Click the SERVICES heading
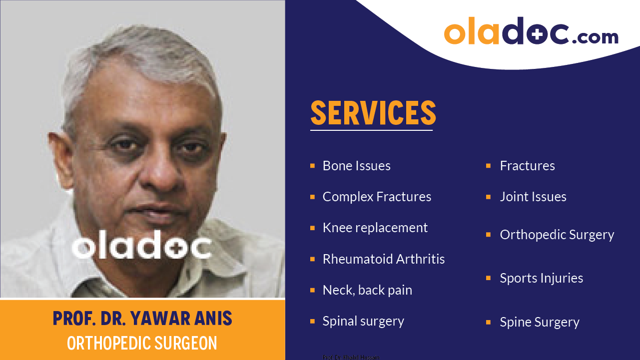click(x=373, y=113)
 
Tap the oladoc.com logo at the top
click(x=531, y=34)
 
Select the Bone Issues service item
click(x=356, y=166)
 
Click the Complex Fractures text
click(x=377, y=197)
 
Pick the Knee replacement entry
click(x=375, y=228)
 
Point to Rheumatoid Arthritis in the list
click(x=383, y=259)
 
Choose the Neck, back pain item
click(x=367, y=290)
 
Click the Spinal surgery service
click(x=363, y=321)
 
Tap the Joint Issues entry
click(x=533, y=197)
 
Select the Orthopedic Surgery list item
click(x=557, y=235)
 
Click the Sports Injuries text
click(x=541, y=278)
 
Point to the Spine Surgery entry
click(x=539, y=322)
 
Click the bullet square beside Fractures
click(x=488, y=166)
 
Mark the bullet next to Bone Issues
click(x=312, y=166)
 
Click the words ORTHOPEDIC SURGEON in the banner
click(x=142, y=343)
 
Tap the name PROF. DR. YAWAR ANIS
click(x=142, y=319)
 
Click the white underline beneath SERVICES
click(x=371, y=130)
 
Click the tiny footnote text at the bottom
click(x=351, y=357)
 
